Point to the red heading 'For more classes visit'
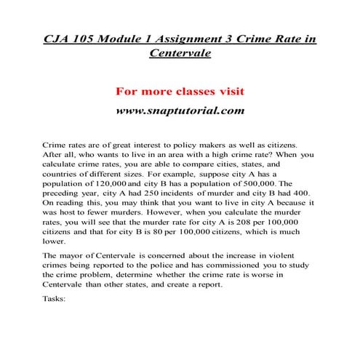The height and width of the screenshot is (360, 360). [x=179, y=93]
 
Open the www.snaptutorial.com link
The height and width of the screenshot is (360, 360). [x=179, y=113]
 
